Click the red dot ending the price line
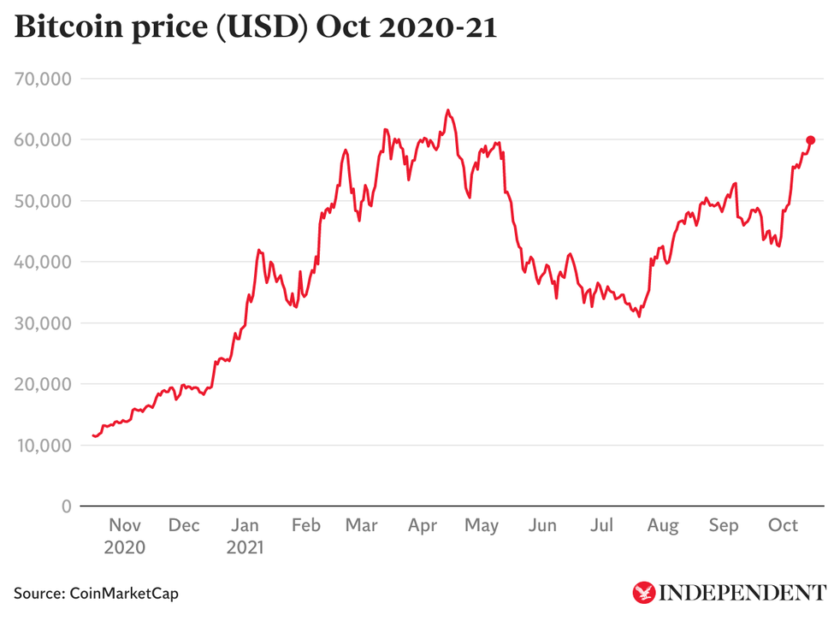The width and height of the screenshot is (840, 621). tap(810, 140)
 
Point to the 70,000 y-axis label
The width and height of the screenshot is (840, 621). tap(44, 79)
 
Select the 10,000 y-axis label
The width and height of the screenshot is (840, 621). tap(44, 446)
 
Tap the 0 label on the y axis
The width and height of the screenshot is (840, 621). tap(65, 506)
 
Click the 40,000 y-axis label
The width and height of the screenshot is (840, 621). tap(44, 262)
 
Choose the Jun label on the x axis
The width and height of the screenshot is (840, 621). tap(542, 525)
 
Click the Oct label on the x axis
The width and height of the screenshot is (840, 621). tap(784, 525)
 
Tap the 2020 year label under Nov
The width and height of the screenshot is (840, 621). tap(125, 547)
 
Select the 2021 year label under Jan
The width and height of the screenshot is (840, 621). tap(245, 547)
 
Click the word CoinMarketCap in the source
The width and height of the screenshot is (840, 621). tap(125, 593)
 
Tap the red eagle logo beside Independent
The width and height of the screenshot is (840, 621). tap(643, 592)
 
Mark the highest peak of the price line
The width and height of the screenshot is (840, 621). tap(447, 110)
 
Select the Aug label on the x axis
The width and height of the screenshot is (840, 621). tap(664, 525)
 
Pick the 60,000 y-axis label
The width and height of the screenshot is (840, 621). tap(44, 139)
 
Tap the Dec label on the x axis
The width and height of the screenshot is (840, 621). tap(184, 525)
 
